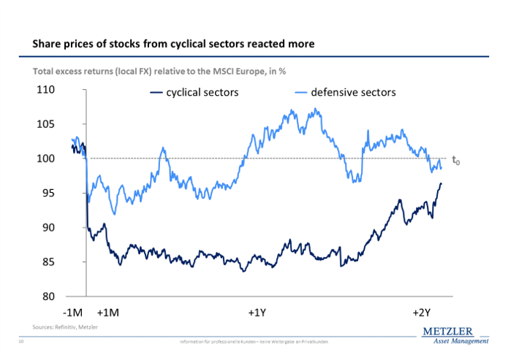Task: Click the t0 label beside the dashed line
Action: [x=455, y=160]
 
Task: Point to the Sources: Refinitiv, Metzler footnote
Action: [x=65, y=326]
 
